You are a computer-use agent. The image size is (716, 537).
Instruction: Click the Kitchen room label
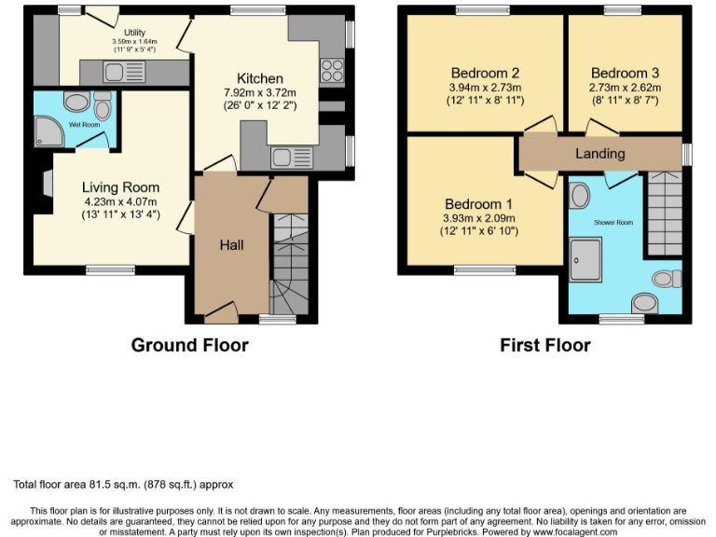tap(259, 78)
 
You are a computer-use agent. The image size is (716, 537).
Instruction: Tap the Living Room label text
tap(120, 186)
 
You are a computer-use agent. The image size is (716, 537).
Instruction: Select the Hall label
tap(231, 244)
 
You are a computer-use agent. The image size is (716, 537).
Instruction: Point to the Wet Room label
tap(83, 124)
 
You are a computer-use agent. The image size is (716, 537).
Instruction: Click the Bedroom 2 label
tap(485, 73)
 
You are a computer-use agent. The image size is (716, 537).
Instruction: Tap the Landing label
tap(599, 153)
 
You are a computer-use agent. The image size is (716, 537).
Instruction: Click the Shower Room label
tap(614, 223)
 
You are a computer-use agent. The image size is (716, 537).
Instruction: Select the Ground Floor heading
tap(189, 345)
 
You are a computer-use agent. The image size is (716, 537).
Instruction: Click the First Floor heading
tap(545, 345)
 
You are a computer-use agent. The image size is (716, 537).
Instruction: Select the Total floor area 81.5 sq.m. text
tap(123, 485)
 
